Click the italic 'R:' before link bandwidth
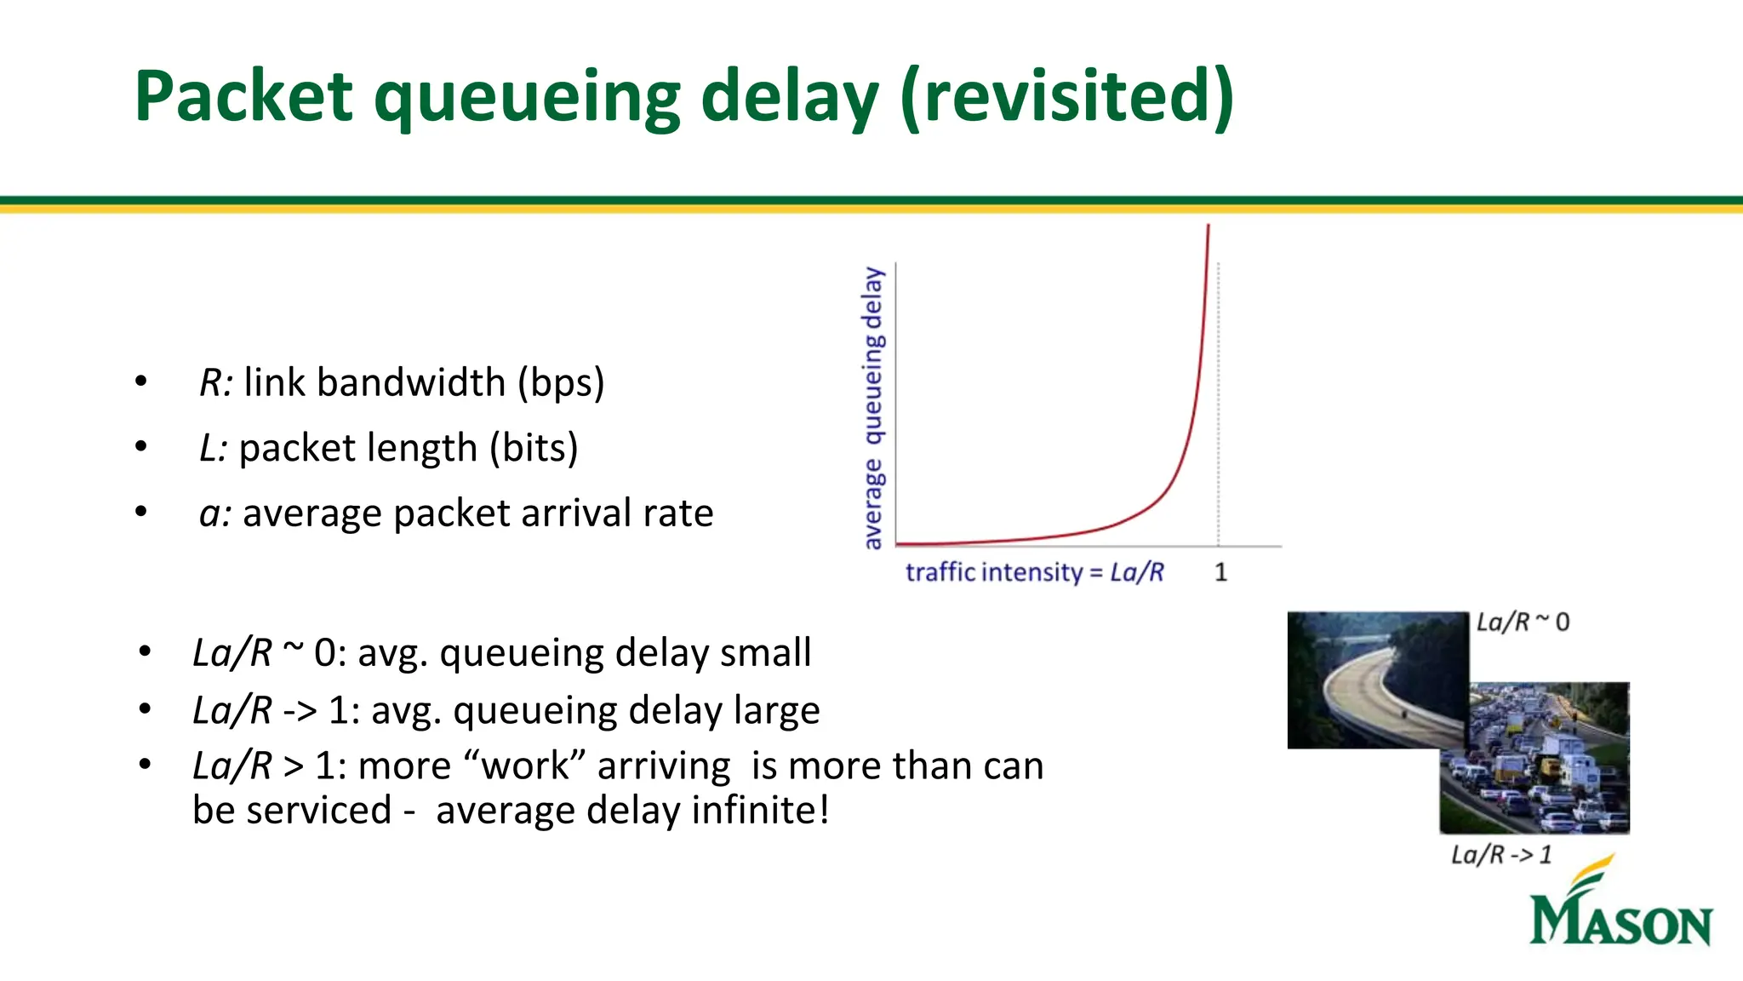tap(215, 382)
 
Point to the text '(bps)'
tap(562, 383)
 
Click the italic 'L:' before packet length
tap(213, 448)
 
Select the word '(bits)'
tap(534, 448)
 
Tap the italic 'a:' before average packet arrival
tap(214, 513)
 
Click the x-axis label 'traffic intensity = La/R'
tap(1034, 572)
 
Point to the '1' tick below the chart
tap(1220, 572)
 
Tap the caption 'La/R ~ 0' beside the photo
tap(1523, 622)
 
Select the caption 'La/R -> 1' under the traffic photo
tap(1501, 854)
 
